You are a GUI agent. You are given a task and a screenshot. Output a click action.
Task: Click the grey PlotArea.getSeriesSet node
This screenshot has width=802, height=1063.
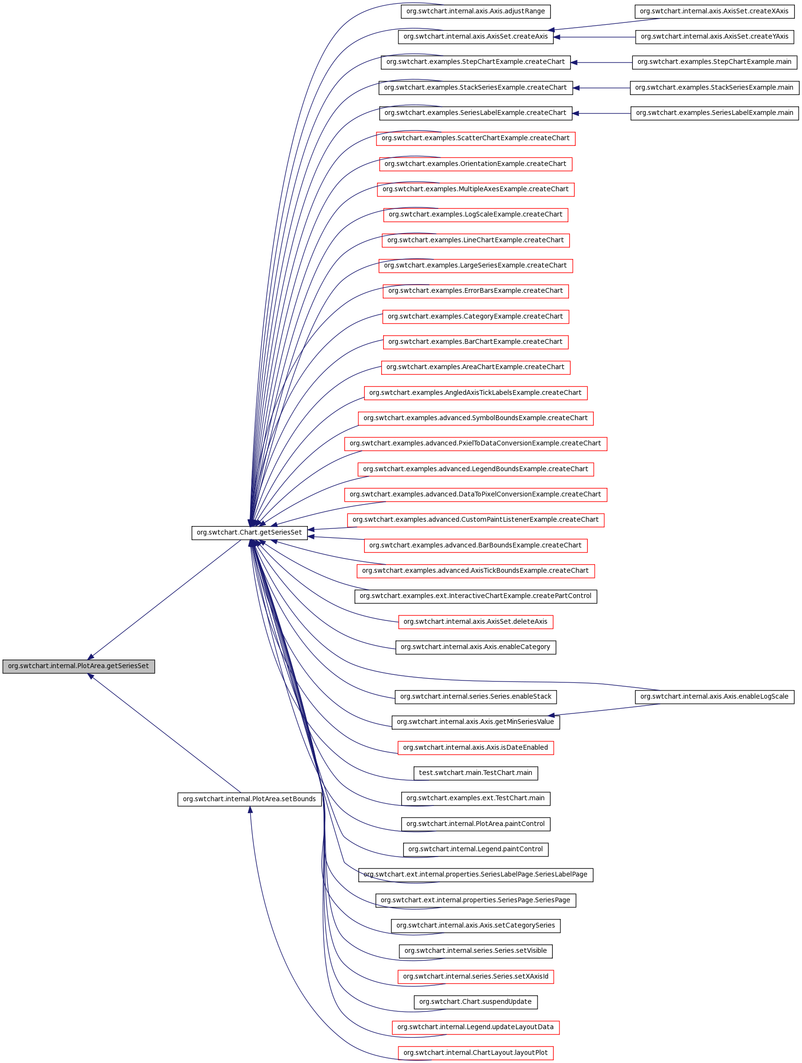point(78,666)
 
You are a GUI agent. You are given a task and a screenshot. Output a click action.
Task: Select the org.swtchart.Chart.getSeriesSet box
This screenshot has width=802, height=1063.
point(249,533)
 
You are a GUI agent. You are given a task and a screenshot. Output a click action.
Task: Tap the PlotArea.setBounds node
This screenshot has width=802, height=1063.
point(249,799)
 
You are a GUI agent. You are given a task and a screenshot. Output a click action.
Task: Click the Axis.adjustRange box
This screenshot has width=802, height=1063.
point(476,11)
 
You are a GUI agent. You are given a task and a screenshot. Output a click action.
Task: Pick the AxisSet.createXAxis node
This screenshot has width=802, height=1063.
point(714,11)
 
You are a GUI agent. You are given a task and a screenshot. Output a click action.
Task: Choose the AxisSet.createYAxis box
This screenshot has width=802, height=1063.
point(714,37)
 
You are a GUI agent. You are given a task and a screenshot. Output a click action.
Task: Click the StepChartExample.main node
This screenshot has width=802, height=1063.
point(714,62)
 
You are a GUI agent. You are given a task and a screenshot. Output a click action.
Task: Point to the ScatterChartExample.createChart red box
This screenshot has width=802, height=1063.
point(476,138)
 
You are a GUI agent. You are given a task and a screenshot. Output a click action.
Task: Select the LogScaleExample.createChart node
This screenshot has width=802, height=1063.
point(476,215)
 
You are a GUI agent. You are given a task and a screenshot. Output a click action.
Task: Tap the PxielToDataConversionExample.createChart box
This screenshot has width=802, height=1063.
point(476,444)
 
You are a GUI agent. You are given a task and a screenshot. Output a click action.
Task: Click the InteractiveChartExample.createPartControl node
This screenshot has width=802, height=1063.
point(476,597)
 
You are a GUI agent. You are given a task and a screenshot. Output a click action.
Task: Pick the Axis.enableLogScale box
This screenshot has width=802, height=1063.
point(714,697)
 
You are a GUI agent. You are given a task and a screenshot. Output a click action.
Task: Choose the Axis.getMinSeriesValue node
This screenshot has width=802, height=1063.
point(476,722)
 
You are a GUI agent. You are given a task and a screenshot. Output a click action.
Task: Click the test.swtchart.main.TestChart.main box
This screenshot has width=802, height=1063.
point(476,773)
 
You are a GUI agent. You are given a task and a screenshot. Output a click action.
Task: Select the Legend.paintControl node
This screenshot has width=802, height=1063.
point(476,850)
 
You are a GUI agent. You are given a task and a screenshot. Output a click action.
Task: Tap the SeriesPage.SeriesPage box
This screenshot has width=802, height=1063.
point(476,900)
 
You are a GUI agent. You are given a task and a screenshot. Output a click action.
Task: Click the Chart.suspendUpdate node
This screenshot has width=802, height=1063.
point(476,1002)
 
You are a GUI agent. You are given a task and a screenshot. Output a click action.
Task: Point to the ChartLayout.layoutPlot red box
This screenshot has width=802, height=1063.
point(476,1053)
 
